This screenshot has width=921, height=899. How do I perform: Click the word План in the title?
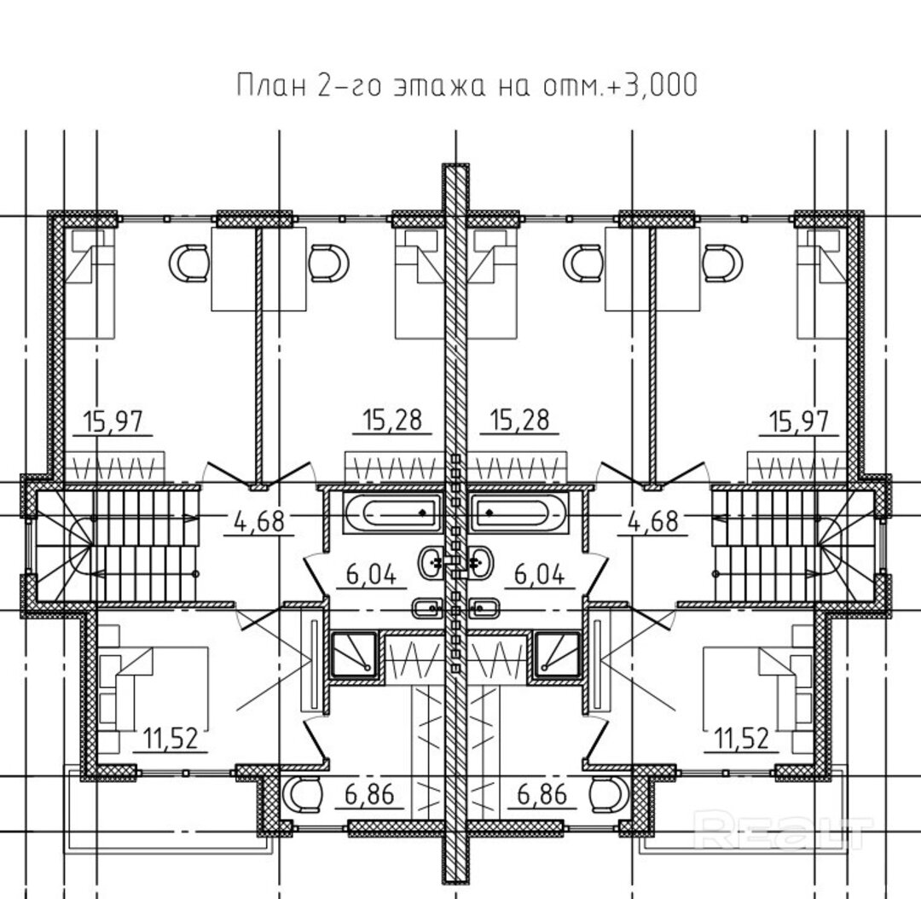(272, 85)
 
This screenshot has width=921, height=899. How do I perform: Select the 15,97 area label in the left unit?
(113, 421)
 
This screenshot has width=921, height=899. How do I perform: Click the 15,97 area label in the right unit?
(799, 421)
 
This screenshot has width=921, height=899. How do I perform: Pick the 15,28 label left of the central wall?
(392, 420)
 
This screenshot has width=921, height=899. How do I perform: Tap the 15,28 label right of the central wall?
(520, 420)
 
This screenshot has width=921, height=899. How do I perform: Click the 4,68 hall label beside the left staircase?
(259, 520)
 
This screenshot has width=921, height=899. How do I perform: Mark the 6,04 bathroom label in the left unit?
(371, 573)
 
